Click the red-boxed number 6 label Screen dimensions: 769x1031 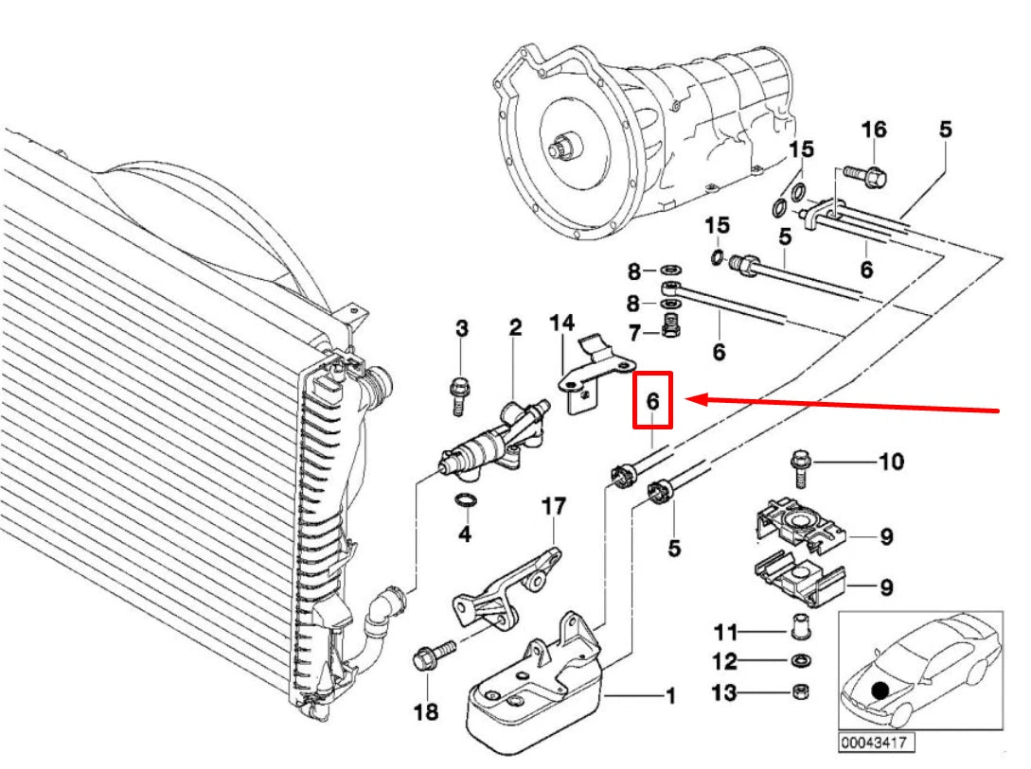point(652,401)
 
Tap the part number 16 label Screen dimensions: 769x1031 point(873,130)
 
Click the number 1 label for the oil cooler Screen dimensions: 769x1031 point(670,697)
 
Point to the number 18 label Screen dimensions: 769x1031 point(426,710)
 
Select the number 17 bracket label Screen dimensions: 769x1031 point(553,507)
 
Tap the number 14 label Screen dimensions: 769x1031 point(562,323)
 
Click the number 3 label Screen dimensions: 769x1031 point(462,329)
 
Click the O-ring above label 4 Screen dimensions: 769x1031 point(466,500)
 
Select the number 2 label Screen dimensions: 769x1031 point(515,328)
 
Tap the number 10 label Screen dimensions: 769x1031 point(891,462)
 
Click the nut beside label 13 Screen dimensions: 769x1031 point(800,691)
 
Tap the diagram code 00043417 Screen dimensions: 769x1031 point(876,743)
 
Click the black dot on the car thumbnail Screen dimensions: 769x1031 point(881,690)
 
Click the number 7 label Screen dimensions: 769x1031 point(636,333)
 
